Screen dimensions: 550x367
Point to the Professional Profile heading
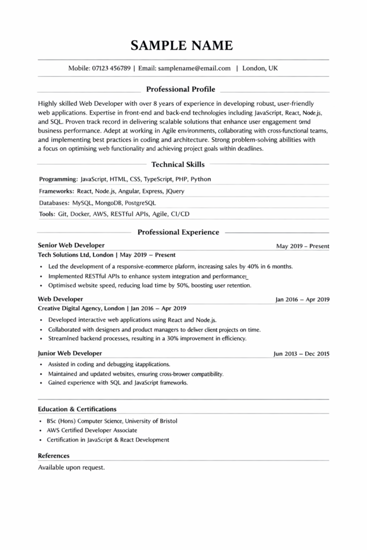click(181, 89)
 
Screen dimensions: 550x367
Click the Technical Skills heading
click(178, 165)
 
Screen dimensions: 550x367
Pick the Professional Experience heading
click(178, 232)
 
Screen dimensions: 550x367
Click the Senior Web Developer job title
click(71, 245)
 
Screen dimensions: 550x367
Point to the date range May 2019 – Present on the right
click(303, 246)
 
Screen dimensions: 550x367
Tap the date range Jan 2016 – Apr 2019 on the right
click(303, 300)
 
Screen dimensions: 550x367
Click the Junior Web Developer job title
click(70, 353)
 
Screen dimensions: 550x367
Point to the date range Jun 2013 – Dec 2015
click(301, 354)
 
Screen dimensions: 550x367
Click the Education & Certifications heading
click(77, 409)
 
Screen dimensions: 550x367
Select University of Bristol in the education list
click(152, 421)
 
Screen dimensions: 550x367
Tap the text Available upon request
click(71, 467)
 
